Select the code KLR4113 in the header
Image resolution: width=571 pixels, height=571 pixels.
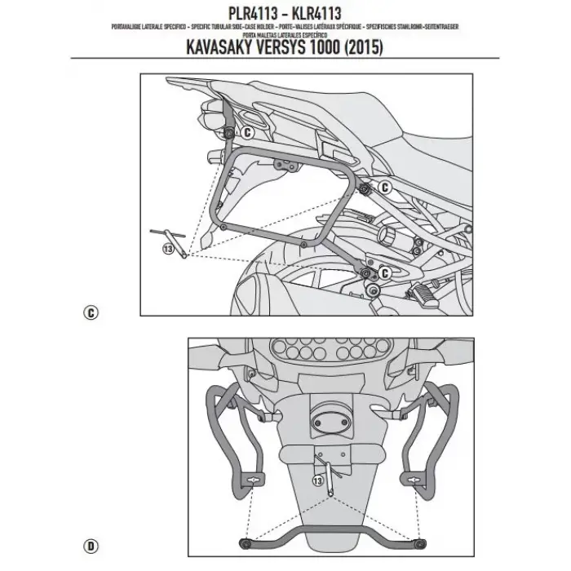[x=328, y=13]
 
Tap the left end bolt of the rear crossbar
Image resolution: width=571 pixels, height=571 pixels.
[x=242, y=543]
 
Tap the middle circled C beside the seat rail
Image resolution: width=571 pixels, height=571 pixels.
[x=387, y=188]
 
